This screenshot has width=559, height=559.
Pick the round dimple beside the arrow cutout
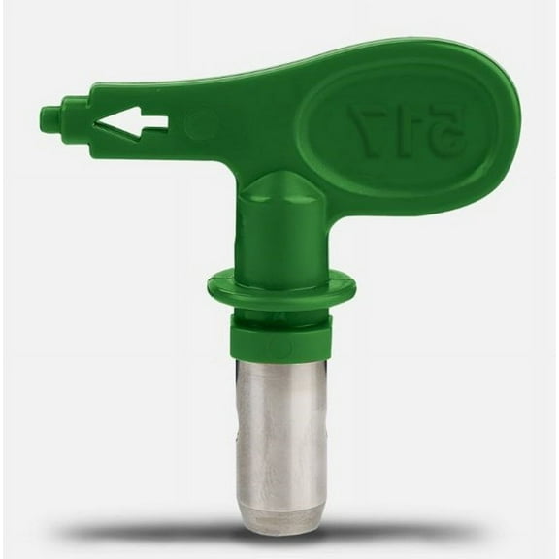[x=202, y=123]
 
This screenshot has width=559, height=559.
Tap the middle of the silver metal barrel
[x=281, y=427]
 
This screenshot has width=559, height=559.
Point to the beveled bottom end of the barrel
[x=281, y=519]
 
